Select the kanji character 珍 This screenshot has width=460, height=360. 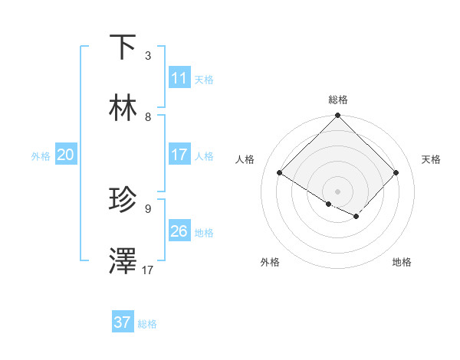pyautogui.click(x=123, y=199)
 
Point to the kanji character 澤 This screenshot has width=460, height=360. pyautogui.click(x=123, y=261)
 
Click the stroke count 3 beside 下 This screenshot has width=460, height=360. pyautogui.click(x=148, y=56)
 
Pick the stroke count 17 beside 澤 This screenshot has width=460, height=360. pyautogui.click(x=148, y=270)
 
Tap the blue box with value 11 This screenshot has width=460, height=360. pyautogui.click(x=179, y=78)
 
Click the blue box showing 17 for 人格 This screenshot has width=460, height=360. pyautogui.click(x=179, y=155)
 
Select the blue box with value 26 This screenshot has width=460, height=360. pyautogui.click(x=179, y=231)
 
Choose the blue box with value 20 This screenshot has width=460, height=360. pyautogui.click(x=66, y=155)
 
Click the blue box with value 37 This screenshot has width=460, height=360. pyautogui.click(x=123, y=322)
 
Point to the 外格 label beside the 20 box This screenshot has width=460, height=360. pyautogui.click(x=41, y=155)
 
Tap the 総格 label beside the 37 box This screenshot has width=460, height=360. pyautogui.click(x=147, y=324)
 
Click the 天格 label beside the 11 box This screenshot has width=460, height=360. pyautogui.click(x=204, y=79)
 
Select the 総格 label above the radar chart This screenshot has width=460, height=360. pyautogui.click(x=338, y=100)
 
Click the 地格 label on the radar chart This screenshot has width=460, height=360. pyautogui.click(x=402, y=262)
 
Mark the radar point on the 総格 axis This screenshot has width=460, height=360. pyautogui.click(x=338, y=116)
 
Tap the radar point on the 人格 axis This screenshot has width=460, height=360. pyautogui.click(x=280, y=173)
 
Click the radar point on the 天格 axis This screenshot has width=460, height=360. pyautogui.click(x=396, y=173)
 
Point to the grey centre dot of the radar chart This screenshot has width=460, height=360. pyautogui.click(x=338, y=191)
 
